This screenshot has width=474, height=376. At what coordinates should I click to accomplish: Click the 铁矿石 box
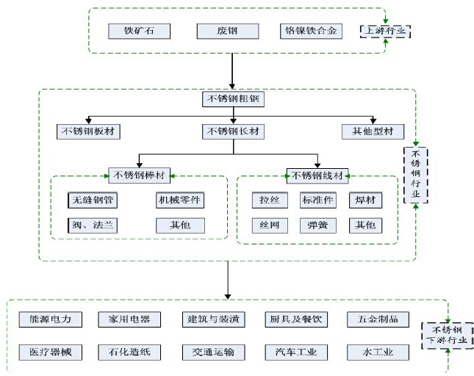[140, 31]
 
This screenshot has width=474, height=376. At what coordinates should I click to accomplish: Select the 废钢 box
[228, 31]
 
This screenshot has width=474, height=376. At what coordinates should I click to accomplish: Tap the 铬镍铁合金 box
[311, 31]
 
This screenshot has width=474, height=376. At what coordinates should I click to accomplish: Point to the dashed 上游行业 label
[385, 31]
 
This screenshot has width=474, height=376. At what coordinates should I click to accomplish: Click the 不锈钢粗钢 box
[233, 99]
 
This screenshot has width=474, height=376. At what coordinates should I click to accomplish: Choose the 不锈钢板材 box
[88, 131]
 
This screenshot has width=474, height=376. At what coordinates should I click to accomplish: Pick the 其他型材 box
[373, 131]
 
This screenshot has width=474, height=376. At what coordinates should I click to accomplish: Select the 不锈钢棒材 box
[140, 176]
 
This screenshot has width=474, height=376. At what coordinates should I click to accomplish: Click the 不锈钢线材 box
[317, 176]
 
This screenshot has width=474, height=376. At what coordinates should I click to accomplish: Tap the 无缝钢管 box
[93, 200]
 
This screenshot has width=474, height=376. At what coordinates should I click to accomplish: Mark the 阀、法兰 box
[93, 225]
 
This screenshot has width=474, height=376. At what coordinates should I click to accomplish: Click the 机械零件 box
[180, 200]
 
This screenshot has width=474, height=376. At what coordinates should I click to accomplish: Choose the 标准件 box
[317, 200]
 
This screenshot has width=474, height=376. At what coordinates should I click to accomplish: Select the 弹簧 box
[317, 225]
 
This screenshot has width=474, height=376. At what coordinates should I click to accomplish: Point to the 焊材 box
[365, 200]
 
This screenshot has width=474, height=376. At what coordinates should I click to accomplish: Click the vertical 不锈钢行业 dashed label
[416, 175]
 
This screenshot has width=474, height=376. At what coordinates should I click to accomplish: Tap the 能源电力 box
[51, 319]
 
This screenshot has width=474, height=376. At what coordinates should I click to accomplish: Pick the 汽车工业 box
[296, 352]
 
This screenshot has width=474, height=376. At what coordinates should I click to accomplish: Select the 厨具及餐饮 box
[296, 319]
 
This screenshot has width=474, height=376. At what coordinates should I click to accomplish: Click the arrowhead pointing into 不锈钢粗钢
[232, 87]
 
